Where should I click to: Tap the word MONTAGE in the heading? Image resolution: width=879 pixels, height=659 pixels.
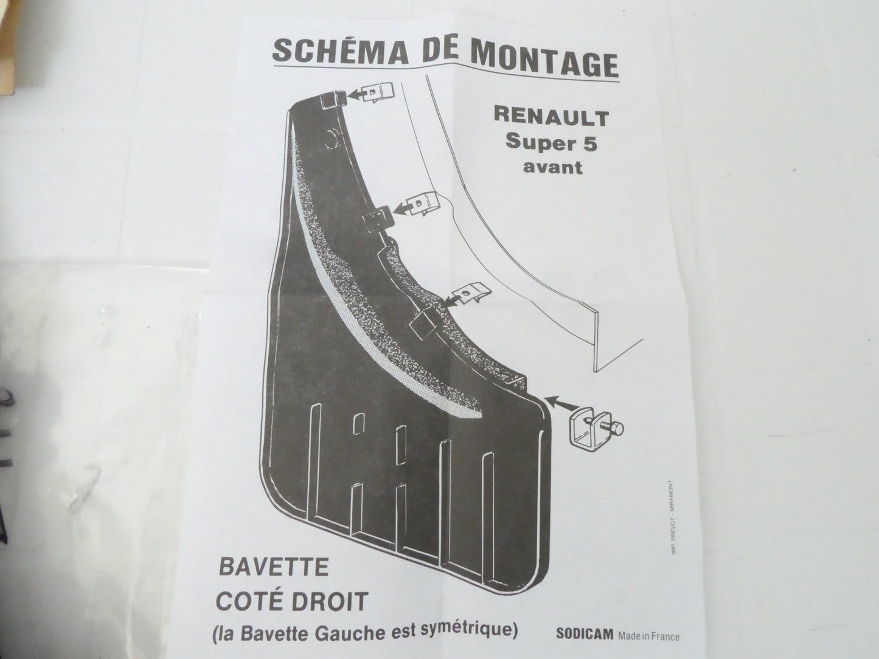544,59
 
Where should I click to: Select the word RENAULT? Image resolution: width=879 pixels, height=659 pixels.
551,117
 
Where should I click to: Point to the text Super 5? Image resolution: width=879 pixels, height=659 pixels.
551,142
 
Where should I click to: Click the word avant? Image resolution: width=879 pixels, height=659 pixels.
552,167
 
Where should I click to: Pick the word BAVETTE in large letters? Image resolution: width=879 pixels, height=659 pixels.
274,567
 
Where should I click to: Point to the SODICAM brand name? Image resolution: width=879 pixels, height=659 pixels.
585,634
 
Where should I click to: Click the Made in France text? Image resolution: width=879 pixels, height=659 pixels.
648,636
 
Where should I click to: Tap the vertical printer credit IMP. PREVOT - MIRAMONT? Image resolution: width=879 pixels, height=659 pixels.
673,517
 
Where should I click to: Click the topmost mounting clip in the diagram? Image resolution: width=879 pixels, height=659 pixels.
378,93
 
